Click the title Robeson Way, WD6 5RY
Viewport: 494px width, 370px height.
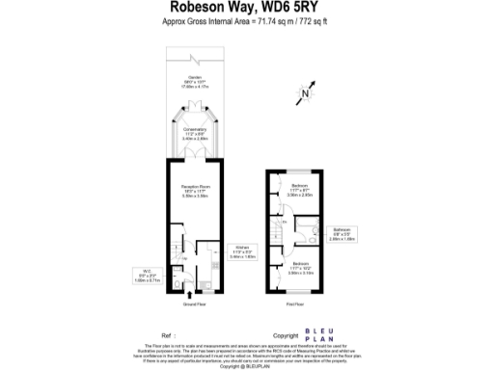[x=246, y=8]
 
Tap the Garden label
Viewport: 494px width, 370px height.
[x=195, y=82]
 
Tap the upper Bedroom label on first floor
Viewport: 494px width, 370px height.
[x=298, y=190]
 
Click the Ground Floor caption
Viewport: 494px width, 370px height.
[x=195, y=304]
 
